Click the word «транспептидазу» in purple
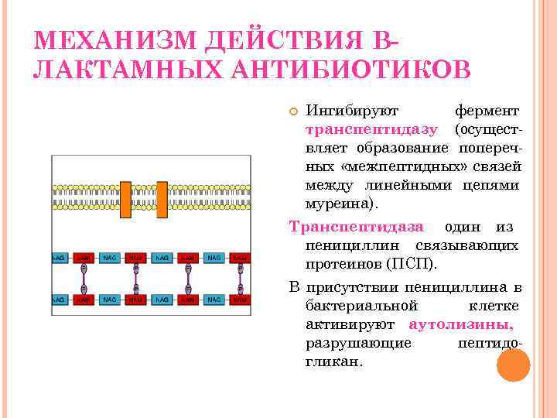pyautogui.click(x=372, y=128)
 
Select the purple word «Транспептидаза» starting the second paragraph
pyautogui.click(x=356, y=227)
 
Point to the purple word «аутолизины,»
pyautogui.click(x=460, y=325)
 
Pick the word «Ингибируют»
pyautogui.click(x=353, y=111)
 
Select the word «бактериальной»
pyautogui.click(x=362, y=306)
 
